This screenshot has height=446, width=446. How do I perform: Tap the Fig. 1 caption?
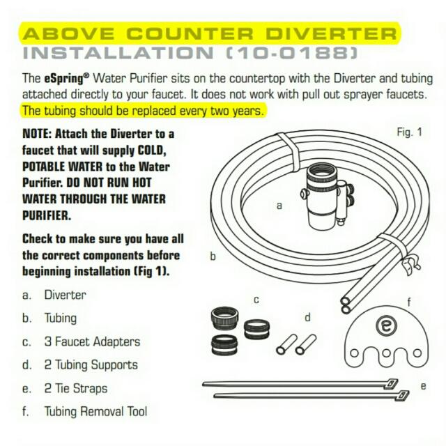[x=410, y=132]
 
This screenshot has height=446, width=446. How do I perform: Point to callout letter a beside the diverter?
[x=279, y=206]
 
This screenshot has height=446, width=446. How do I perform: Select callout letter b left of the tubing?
[x=213, y=256]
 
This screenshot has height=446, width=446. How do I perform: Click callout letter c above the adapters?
[x=256, y=300]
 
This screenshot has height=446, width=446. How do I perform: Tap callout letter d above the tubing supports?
[x=307, y=317]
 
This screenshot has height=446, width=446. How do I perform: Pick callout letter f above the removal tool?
[x=409, y=302]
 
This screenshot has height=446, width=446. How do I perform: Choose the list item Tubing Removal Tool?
[x=95, y=412]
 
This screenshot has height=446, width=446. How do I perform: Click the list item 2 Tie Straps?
[x=76, y=388]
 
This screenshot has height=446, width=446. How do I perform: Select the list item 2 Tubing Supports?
[x=91, y=364]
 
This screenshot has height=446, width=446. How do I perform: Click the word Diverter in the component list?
[x=66, y=295]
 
